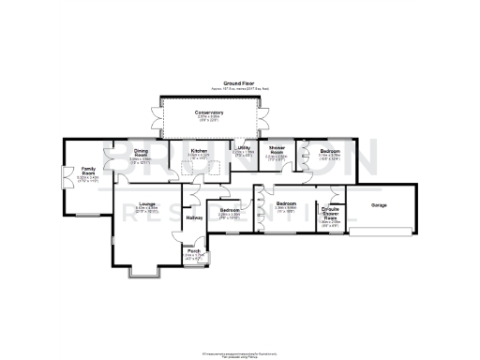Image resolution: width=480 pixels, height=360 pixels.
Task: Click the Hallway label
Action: (194, 217)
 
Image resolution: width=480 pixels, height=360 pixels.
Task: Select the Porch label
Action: (194, 251)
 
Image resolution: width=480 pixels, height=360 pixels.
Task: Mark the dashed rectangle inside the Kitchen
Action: (200, 168)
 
